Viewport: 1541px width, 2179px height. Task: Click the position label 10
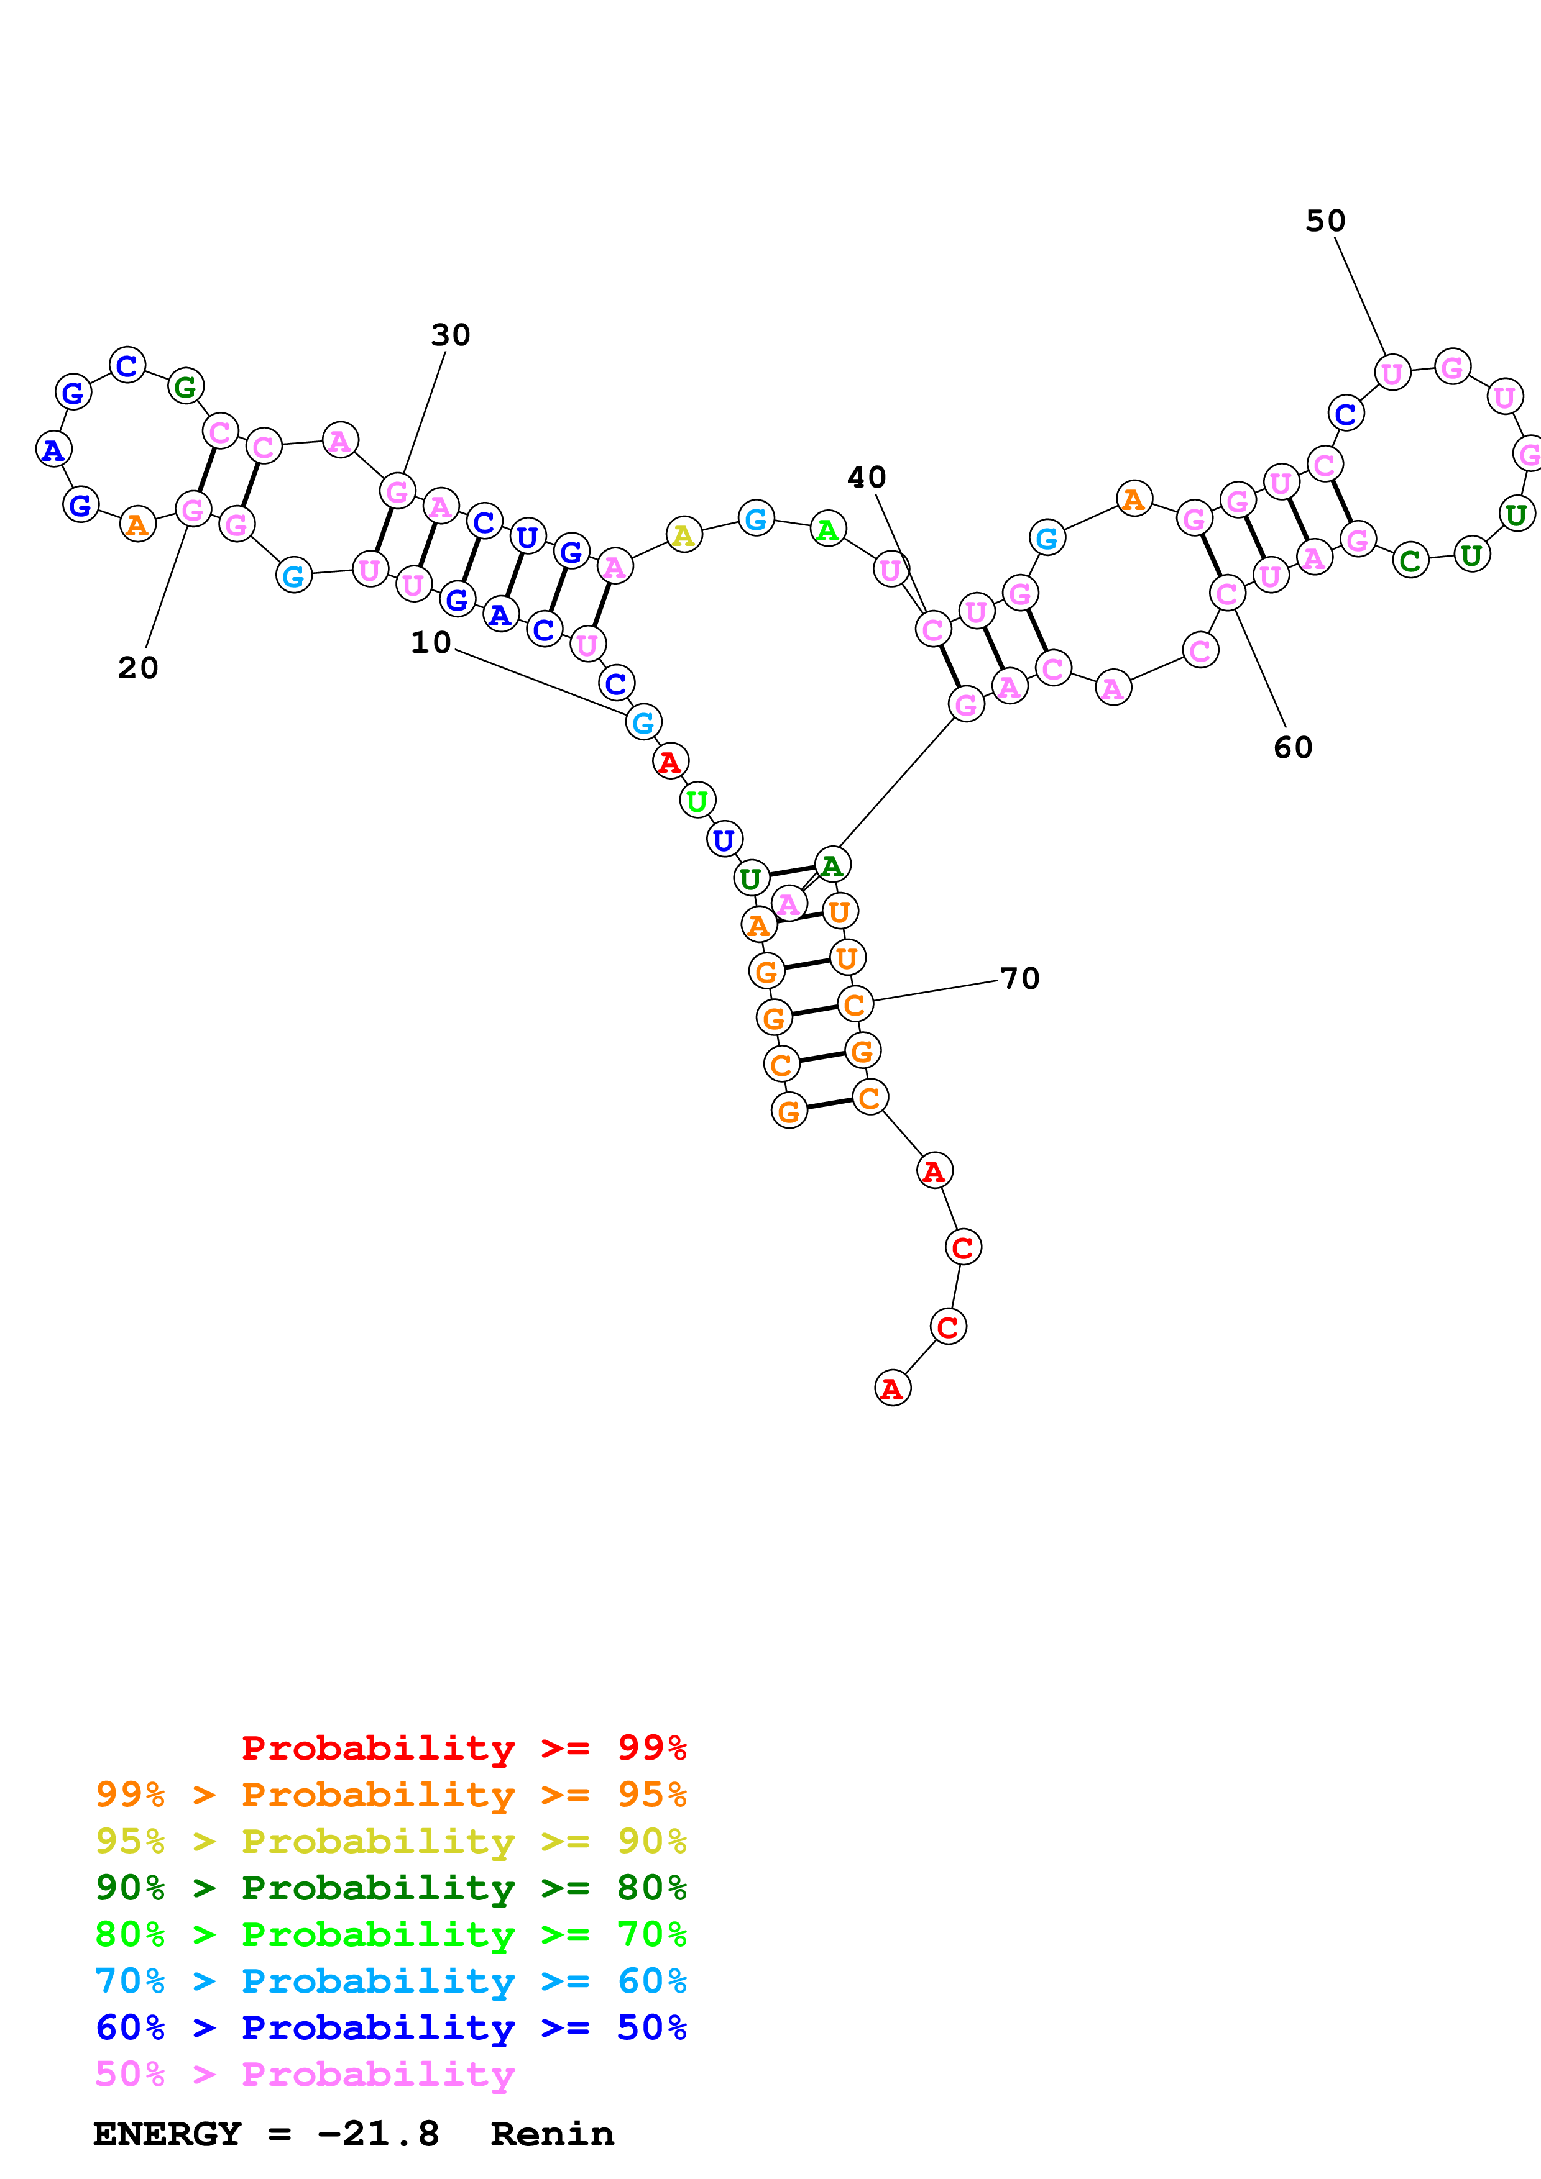[x=430, y=642]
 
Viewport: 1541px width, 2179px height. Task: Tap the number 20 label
[x=137, y=668]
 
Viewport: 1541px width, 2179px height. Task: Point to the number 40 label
[x=866, y=478]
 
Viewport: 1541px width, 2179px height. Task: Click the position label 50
[x=1325, y=221]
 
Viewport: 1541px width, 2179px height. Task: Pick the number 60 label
[x=1292, y=748]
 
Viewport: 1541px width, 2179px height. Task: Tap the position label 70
[x=1019, y=978]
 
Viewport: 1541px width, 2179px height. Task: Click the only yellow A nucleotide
[x=684, y=536]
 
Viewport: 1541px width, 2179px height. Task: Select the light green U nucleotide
[x=697, y=801]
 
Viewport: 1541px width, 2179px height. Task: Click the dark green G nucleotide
[x=186, y=386]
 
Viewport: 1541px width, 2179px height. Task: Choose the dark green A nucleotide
[x=832, y=865]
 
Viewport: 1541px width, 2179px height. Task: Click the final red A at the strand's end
[x=891, y=1388]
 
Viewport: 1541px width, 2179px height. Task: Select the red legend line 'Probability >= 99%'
[x=463, y=1747]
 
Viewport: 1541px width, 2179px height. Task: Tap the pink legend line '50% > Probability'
[x=304, y=2073]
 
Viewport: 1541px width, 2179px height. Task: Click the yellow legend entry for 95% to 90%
[x=390, y=1841]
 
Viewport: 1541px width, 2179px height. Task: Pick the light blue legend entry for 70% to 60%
[x=390, y=1981]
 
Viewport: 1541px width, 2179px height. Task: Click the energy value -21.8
[x=378, y=2134]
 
